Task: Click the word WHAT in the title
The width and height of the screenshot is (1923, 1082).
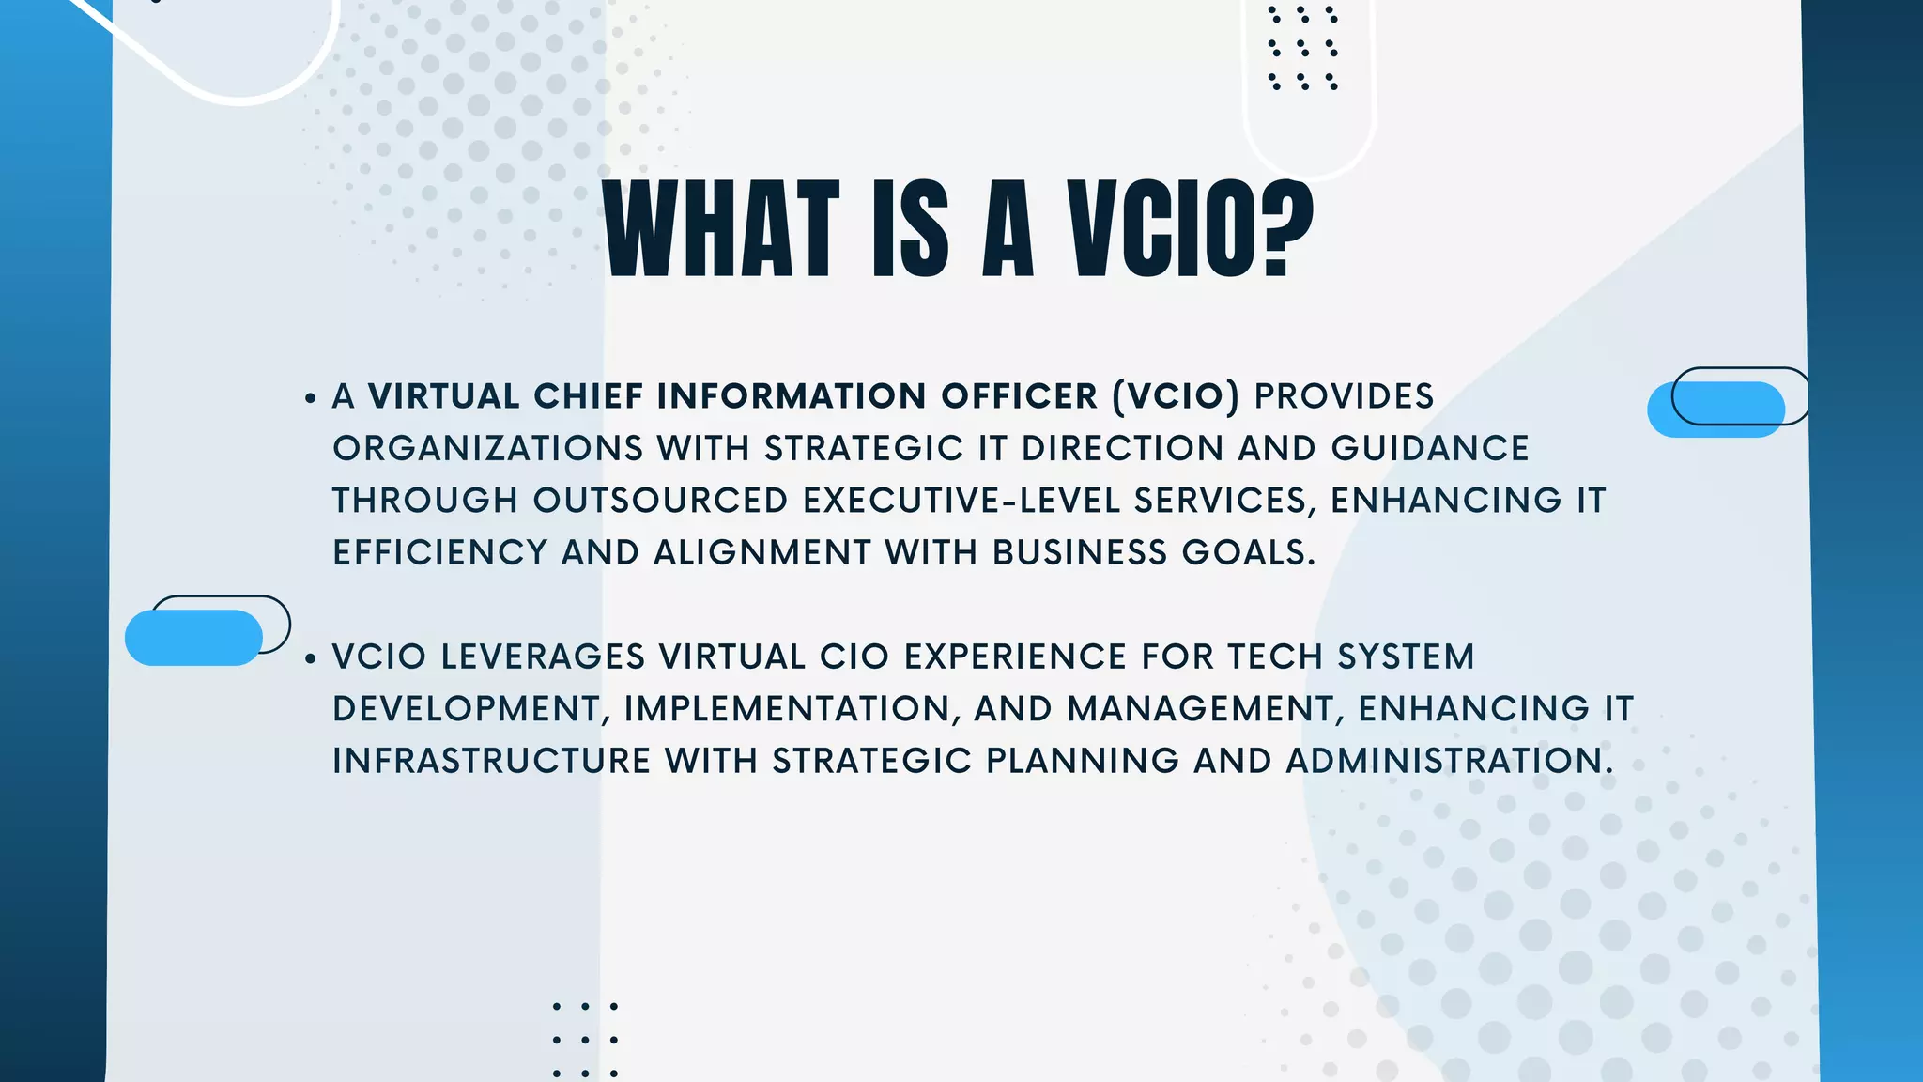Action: [x=720, y=230]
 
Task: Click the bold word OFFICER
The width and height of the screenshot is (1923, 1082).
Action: [x=1019, y=396]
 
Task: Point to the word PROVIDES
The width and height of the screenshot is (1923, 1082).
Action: [x=1344, y=396]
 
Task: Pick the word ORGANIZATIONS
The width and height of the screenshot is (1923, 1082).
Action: [x=487, y=449]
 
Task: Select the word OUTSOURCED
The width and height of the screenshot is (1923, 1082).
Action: [x=660, y=501]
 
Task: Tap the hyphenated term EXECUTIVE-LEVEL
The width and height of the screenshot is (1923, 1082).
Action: [x=961, y=501]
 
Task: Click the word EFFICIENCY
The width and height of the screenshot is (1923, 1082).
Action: [x=439, y=553]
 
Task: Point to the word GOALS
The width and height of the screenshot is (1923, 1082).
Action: [x=1248, y=553]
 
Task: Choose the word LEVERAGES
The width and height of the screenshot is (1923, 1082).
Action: [x=543, y=657]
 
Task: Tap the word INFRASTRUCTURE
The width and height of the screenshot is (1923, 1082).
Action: [x=491, y=761]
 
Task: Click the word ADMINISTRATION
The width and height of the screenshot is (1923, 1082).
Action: [x=1450, y=761]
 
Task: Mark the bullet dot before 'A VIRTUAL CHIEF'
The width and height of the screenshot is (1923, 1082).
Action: [x=311, y=399]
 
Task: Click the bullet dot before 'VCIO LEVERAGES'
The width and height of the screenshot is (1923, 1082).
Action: [x=311, y=659]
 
